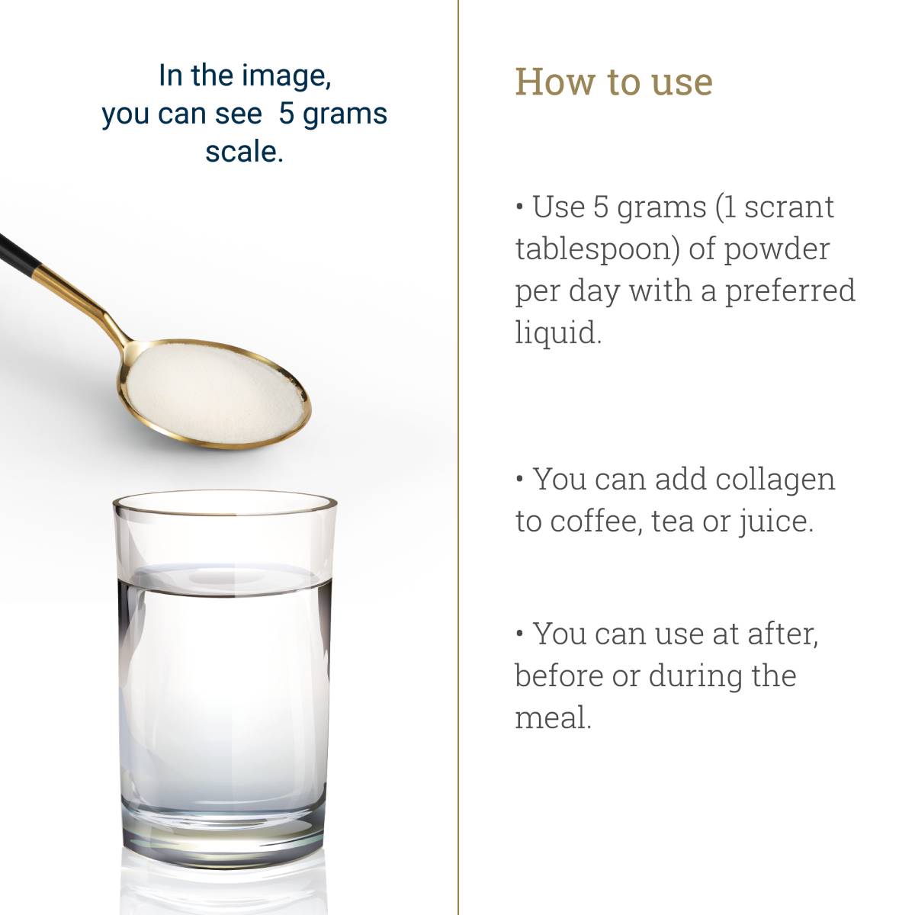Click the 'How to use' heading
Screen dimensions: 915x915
pos(614,82)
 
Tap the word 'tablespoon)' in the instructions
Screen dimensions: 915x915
pos(596,249)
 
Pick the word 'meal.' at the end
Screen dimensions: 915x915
pos(553,718)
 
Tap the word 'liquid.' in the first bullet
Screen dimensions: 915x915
pos(558,333)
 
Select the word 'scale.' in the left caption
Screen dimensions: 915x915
pos(244,152)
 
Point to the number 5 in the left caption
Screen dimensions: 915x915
pos(287,114)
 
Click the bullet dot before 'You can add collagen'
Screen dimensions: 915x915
pos(520,480)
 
